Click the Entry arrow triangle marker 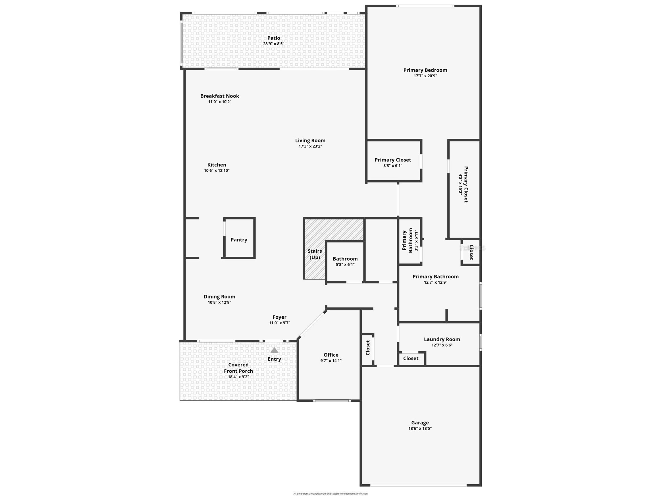(x=274, y=350)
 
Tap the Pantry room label (x=239, y=240)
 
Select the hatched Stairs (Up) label (x=315, y=254)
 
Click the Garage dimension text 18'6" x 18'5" (x=420, y=428)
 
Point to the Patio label (x=274, y=38)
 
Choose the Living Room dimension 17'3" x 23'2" (x=310, y=146)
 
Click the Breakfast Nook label (x=220, y=96)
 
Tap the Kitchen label (x=217, y=165)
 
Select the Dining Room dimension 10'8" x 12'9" (x=219, y=302)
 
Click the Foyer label (x=279, y=317)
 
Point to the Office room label (x=331, y=355)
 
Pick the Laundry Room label (x=442, y=339)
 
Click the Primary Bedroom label (x=425, y=70)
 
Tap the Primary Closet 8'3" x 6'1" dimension (x=393, y=166)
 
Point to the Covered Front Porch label (x=238, y=368)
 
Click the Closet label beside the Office (x=368, y=348)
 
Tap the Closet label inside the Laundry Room (x=411, y=358)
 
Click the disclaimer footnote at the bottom (x=330, y=494)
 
